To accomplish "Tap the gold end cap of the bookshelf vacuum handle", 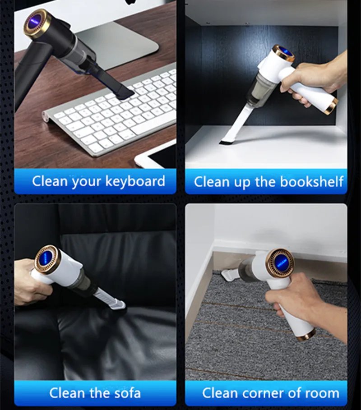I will [x=331, y=106].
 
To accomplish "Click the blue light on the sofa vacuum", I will [x=47, y=260].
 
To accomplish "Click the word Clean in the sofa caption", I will [x=67, y=392].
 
